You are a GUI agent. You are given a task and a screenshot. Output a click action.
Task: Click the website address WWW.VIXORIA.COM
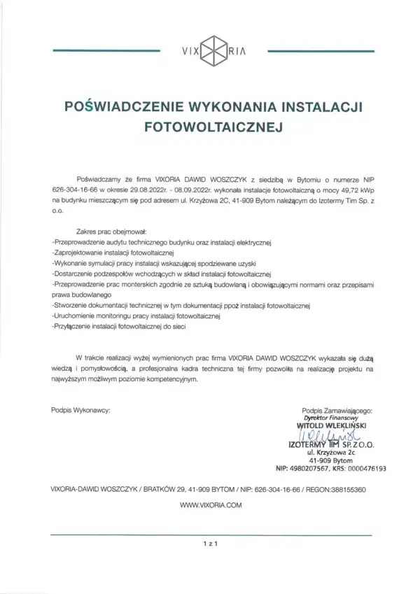coord(209,504)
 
